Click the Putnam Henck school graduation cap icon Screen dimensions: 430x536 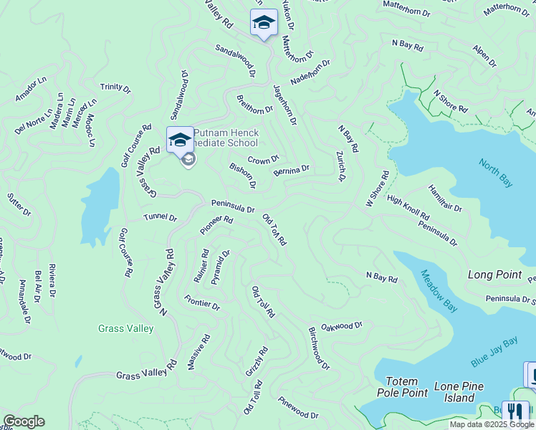click(x=179, y=139)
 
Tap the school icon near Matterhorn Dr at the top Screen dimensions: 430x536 click(x=263, y=22)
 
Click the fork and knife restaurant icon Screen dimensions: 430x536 click(x=515, y=412)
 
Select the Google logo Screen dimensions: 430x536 click(x=24, y=421)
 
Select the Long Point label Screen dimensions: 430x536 click(x=494, y=274)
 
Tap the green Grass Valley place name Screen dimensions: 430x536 click(x=125, y=329)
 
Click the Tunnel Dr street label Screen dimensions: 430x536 click(x=160, y=217)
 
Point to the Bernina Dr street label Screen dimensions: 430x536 click(x=291, y=171)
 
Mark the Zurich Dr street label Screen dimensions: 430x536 click(x=341, y=166)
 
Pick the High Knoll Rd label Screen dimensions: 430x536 click(x=408, y=208)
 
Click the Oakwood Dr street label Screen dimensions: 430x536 click(x=342, y=326)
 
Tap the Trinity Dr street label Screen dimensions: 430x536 click(x=115, y=88)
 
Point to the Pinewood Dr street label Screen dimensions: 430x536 click(x=298, y=408)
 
